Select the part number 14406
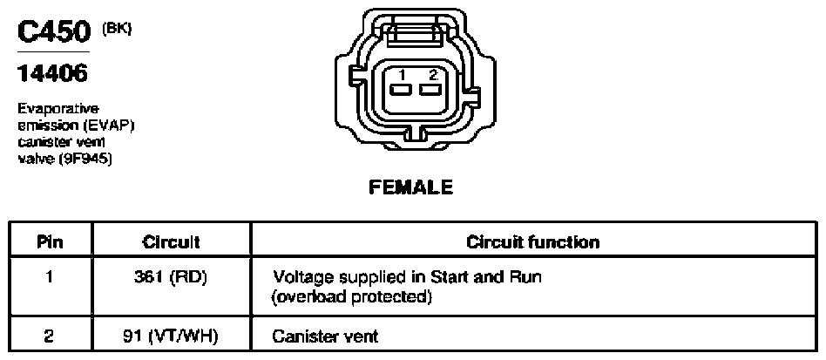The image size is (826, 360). [x=52, y=73]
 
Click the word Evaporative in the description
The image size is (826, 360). [x=58, y=109]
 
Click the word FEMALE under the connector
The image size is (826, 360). [x=411, y=187]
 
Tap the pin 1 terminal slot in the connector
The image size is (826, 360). [x=402, y=90]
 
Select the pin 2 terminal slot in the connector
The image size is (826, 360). [x=430, y=90]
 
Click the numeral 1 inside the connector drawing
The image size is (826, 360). [x=402, y=75]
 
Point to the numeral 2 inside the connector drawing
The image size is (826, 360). [x=433, y=75]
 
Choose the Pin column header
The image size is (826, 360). [x=50, y=242]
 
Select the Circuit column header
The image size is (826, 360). [x=171, y=242]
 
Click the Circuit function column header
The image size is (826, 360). [x=533, y=242]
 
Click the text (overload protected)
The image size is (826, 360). [x=351, y=298]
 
